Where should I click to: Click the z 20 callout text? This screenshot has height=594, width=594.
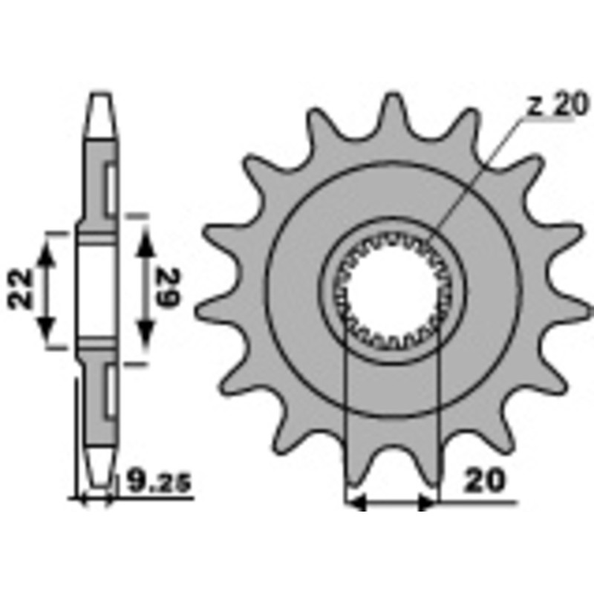tap(556, 106)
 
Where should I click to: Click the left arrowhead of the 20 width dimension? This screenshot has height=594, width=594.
tap(357, 503)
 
